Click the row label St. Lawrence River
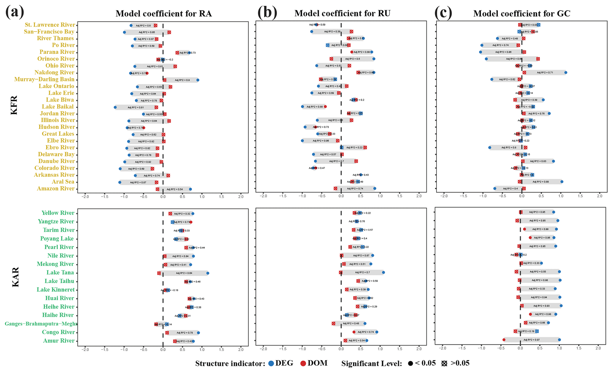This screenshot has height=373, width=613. coord(50,25)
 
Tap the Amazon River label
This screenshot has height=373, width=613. coord(55,189)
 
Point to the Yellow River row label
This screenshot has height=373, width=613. coord(58,213)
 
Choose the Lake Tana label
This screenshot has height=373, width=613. coord(60,273)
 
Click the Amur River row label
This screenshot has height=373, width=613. coord(58,341)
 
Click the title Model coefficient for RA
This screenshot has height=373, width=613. coord(163,14)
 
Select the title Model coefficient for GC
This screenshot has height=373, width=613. coord(522,14)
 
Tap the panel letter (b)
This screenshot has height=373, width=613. coord(267,13)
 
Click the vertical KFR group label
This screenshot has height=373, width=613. coord(14,105)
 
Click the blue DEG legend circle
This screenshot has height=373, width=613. coord(271,364)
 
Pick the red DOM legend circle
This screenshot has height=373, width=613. coord(303,364)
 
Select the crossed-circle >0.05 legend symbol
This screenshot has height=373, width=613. coord(444,364)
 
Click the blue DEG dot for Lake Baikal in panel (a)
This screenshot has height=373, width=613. coord(115,107)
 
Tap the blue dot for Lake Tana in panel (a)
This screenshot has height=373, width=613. coord(208,273)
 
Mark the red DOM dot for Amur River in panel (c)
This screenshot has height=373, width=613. coord(504,340)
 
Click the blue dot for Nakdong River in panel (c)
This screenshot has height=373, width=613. coord(566,72)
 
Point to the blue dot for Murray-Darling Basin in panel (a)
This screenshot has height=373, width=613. coord(198,80)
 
